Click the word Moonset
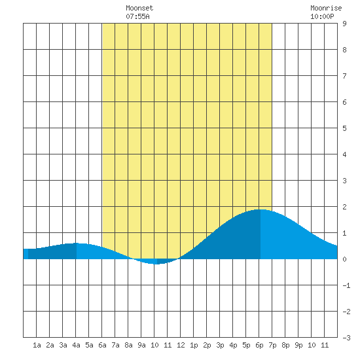coord(139,8)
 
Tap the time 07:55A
coord(137,16)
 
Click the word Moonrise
coord(326,8)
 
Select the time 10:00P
coord(322,16)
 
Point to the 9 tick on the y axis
coord(344,24)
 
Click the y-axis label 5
coord(344,128)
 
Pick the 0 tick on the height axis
coord(344,259)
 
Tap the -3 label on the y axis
coord(346,338)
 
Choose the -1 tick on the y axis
coord(346,285)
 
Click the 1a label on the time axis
coord(37,345)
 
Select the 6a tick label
coord(102,345)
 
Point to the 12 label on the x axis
coord(181,345)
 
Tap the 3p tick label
coord(220,345)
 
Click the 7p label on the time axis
coord(272,345)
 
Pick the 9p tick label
coord(298,345)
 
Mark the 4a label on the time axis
coord(76,345)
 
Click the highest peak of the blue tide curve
coord(261,209)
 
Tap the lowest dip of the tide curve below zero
coord(156,264)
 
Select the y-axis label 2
coord(344,207)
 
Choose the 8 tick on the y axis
coord(344,50)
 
